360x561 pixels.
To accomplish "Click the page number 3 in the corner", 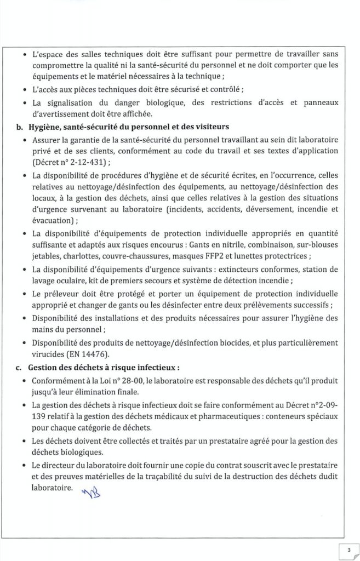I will (347, 548).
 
